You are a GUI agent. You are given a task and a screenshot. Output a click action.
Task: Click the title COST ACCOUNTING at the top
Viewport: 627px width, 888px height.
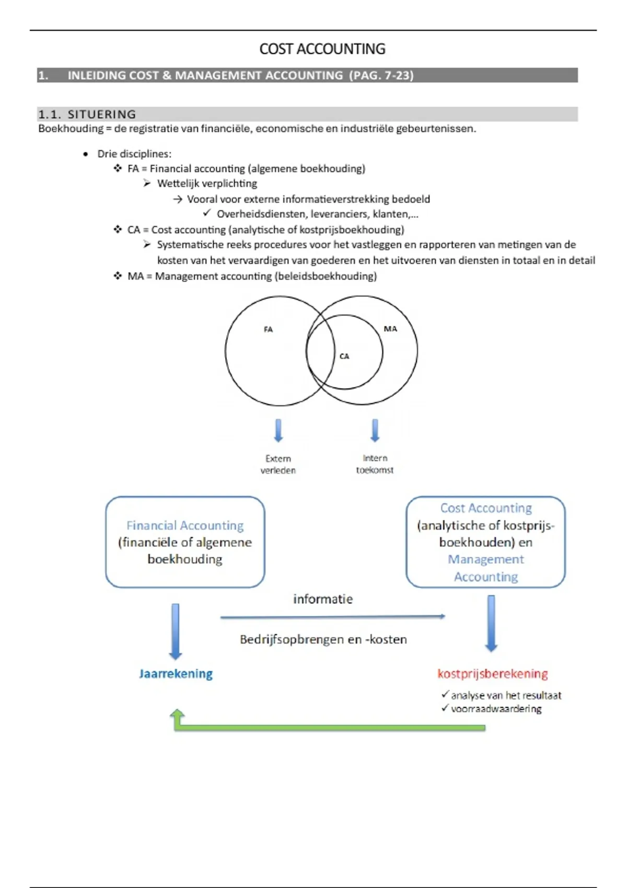coord(322,49)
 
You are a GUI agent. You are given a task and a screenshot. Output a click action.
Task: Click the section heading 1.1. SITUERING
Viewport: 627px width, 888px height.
coord(87,114)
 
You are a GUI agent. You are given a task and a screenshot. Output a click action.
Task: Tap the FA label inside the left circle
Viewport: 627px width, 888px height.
coord(268,330)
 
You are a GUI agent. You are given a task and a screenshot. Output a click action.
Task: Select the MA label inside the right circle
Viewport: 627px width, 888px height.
coord(390,329)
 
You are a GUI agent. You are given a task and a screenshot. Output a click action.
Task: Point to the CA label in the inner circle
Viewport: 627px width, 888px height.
coord(344,356)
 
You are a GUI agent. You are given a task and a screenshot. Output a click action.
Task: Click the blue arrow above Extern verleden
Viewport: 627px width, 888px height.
coord(278,430)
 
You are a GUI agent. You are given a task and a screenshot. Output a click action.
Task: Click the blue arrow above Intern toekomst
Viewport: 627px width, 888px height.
coord(375,430)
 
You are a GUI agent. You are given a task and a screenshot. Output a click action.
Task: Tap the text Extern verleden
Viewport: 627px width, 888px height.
coord(278,464)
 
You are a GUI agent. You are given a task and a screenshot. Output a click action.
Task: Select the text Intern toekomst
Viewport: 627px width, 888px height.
coord(375,464)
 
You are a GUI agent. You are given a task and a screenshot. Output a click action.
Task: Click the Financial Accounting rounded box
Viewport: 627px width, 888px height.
coord(185,542)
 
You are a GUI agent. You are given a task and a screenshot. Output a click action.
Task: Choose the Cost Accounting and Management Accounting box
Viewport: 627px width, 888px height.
coord(485,542)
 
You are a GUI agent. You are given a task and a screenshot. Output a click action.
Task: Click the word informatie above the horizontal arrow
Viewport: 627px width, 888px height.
coord(323,599)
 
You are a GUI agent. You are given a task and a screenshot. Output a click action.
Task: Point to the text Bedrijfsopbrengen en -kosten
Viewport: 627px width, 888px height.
coord(323,639)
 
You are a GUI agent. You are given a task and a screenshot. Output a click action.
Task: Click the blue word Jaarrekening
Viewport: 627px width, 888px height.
coord(176,674)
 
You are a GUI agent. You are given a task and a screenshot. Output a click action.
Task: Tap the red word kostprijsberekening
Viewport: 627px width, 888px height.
coord(492,674)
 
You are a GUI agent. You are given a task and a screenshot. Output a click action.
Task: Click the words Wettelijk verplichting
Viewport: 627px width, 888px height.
coord(207,184)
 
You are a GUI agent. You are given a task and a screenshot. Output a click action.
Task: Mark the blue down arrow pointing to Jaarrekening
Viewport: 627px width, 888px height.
coord(176,632)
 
